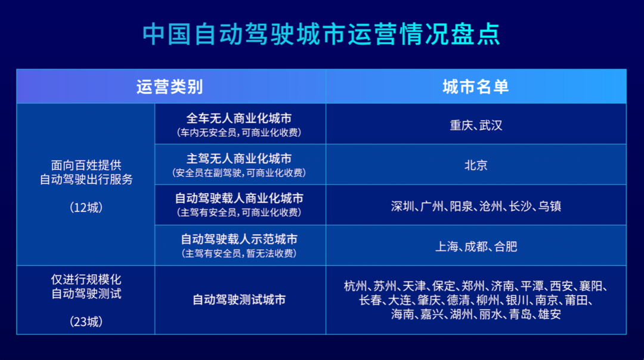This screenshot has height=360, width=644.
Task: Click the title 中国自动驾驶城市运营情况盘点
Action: coord(321,35)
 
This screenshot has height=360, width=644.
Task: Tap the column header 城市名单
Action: coord(475,87)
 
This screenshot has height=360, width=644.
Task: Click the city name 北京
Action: coord(476,165)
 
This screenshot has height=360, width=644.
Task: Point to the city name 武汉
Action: coord(491,125)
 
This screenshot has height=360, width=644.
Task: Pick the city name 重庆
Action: coord(462,125)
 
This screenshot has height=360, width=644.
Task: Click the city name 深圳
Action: coord(402,206)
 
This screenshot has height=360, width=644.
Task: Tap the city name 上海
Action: coord(447,246)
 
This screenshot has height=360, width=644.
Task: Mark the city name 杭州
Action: coord(355,285)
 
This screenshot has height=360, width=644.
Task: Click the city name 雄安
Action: coord(549,314)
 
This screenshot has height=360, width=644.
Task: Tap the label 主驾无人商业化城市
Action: coord(239,159)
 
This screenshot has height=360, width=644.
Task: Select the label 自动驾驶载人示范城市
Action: coord(239,240)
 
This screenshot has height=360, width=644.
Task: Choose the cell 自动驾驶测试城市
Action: coord(239,300)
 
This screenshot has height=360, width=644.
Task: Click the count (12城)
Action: coord(86,207)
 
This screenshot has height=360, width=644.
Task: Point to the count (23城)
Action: coord(86,322)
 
